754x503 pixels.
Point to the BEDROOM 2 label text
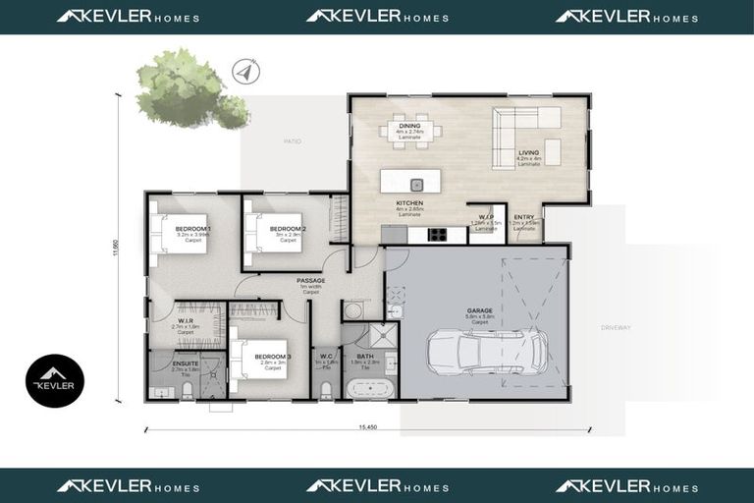point(289,229)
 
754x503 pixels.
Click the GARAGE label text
point(479,310)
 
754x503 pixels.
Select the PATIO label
point(293,141)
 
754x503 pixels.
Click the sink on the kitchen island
point(416,184)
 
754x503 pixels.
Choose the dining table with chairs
point(410,131)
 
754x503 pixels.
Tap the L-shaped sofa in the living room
point(526,136)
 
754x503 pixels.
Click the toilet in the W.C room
point(325,390)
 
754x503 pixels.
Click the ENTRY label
point(524,216)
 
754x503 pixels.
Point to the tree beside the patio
point(187,88)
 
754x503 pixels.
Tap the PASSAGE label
point(311,280)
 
